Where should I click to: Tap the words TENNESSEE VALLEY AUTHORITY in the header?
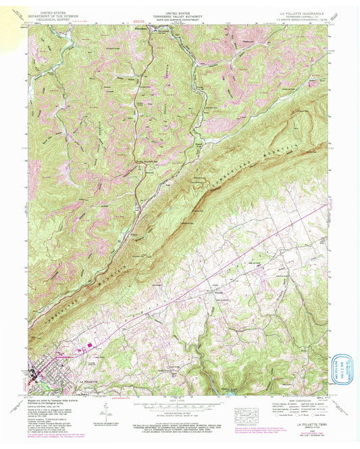pyautogui.click(x=180, y=16)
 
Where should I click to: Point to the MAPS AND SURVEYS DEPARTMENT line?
pyautogui.click(x=180, y=19)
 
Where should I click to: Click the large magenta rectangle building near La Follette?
pyautogui.click(x=88, y=348)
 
